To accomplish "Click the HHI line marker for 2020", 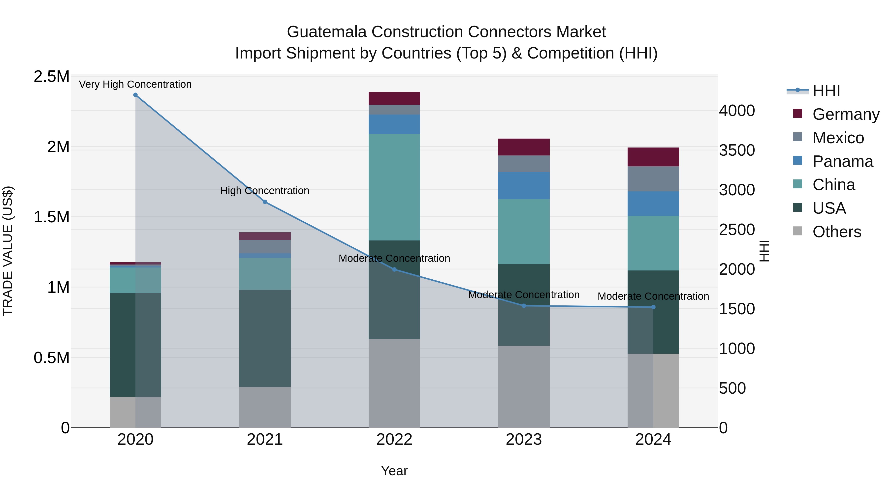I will point(135,95).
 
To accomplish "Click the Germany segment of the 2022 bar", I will point(394,98).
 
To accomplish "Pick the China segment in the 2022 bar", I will point(394,187).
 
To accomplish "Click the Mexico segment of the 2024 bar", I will point(653,179).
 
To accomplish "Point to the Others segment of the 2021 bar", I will point(265,407).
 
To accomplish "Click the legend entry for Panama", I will point(842,161).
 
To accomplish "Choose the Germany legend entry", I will point(846,114).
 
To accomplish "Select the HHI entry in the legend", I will point(826,91).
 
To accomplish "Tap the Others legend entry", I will point(836,232).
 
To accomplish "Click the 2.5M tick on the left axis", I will point(51,77).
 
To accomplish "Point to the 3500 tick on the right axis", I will point(737,150).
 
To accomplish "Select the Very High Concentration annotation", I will point(135,84).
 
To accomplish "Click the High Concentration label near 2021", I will point(265,191).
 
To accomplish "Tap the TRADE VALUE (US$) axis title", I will point(8,251).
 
